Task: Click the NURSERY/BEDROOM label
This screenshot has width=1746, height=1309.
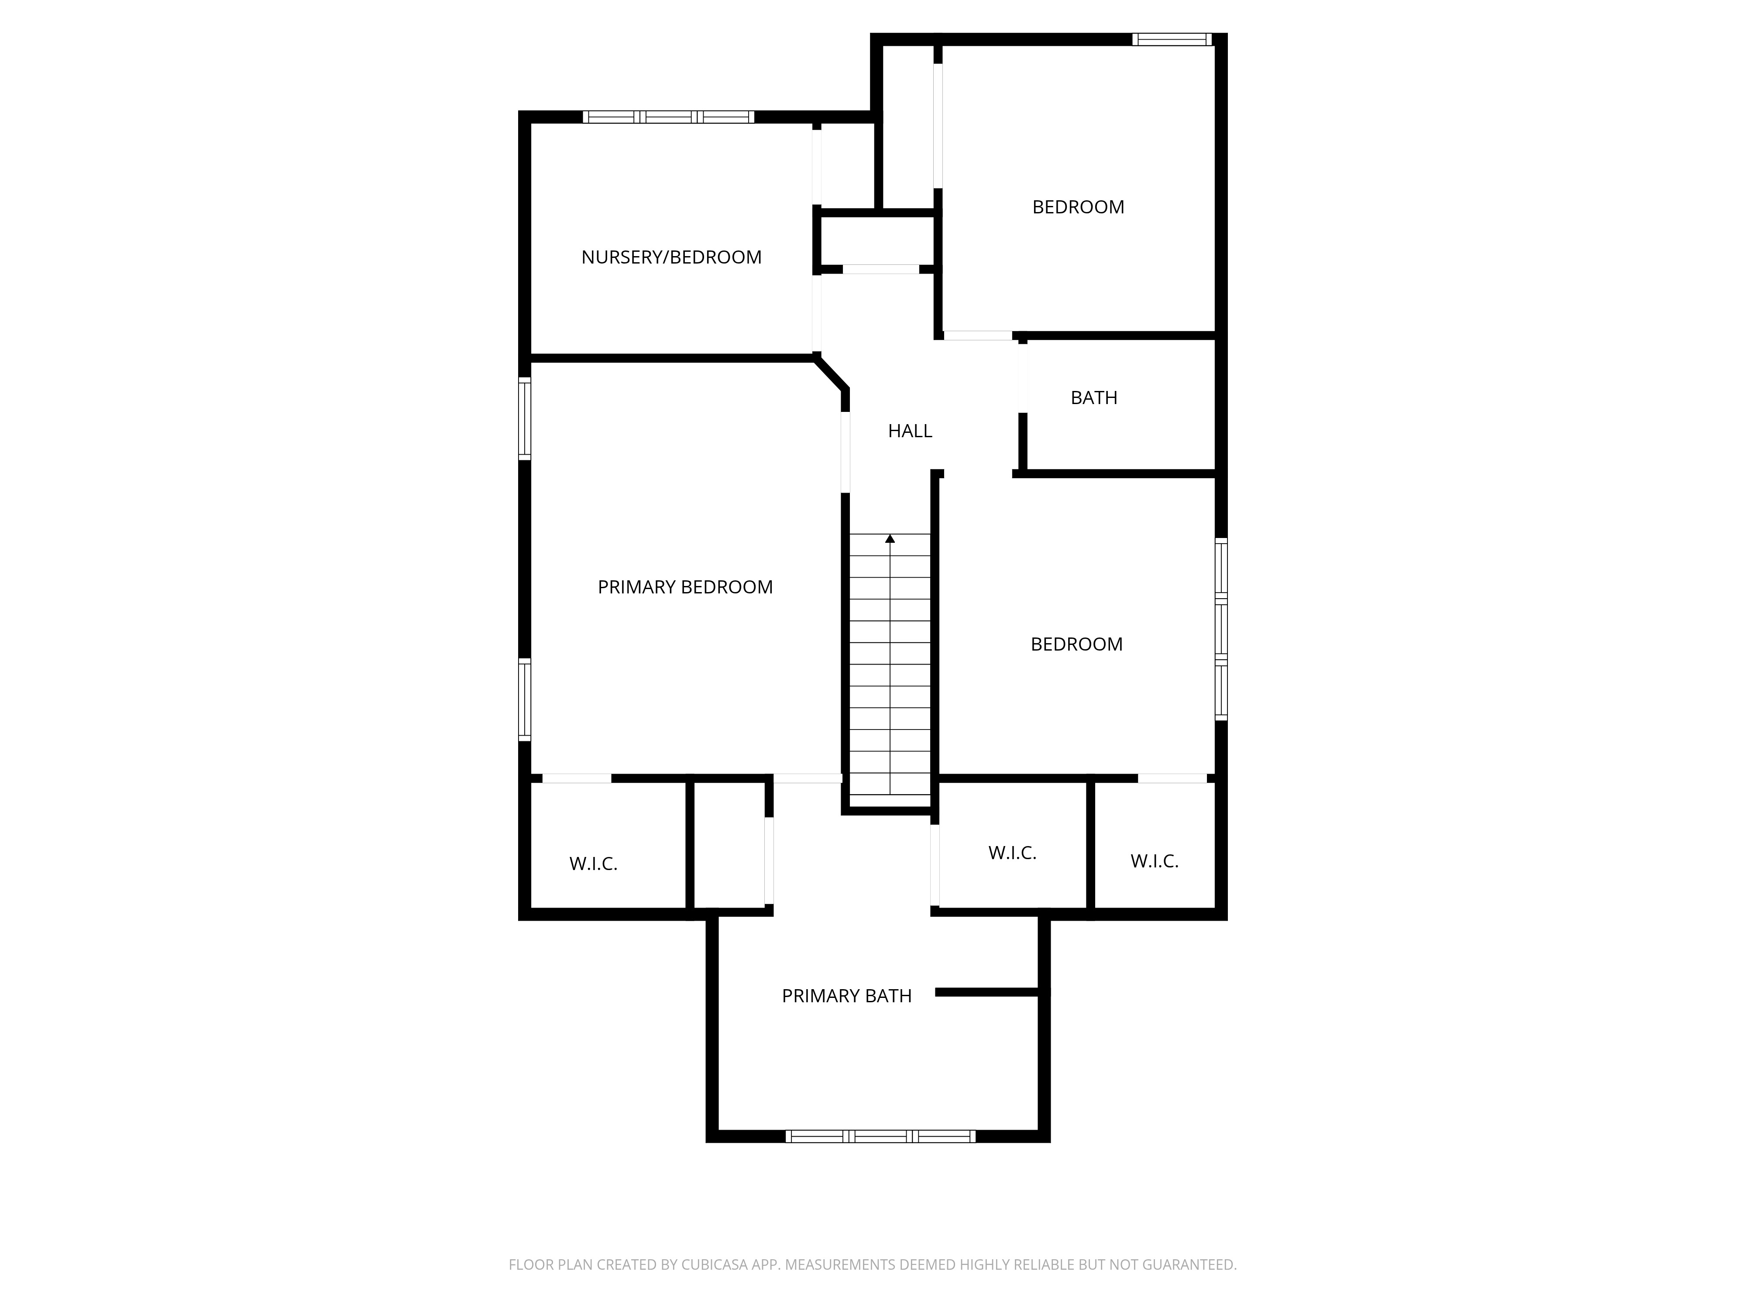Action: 671,257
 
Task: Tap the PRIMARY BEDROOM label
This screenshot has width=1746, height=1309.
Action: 684,587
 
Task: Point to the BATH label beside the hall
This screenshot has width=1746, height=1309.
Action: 1093,397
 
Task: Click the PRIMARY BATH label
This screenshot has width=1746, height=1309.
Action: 846,996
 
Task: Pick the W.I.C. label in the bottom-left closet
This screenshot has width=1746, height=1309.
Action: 593,864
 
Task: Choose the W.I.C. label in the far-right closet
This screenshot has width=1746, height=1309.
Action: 1154,862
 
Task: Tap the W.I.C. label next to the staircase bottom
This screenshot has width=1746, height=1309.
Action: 1012,853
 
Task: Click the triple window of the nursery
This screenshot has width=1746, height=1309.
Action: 669,117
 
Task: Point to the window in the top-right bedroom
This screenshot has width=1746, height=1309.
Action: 1172,39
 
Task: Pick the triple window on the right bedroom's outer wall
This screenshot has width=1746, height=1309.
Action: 1220,629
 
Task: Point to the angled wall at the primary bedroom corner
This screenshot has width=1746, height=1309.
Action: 832,373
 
